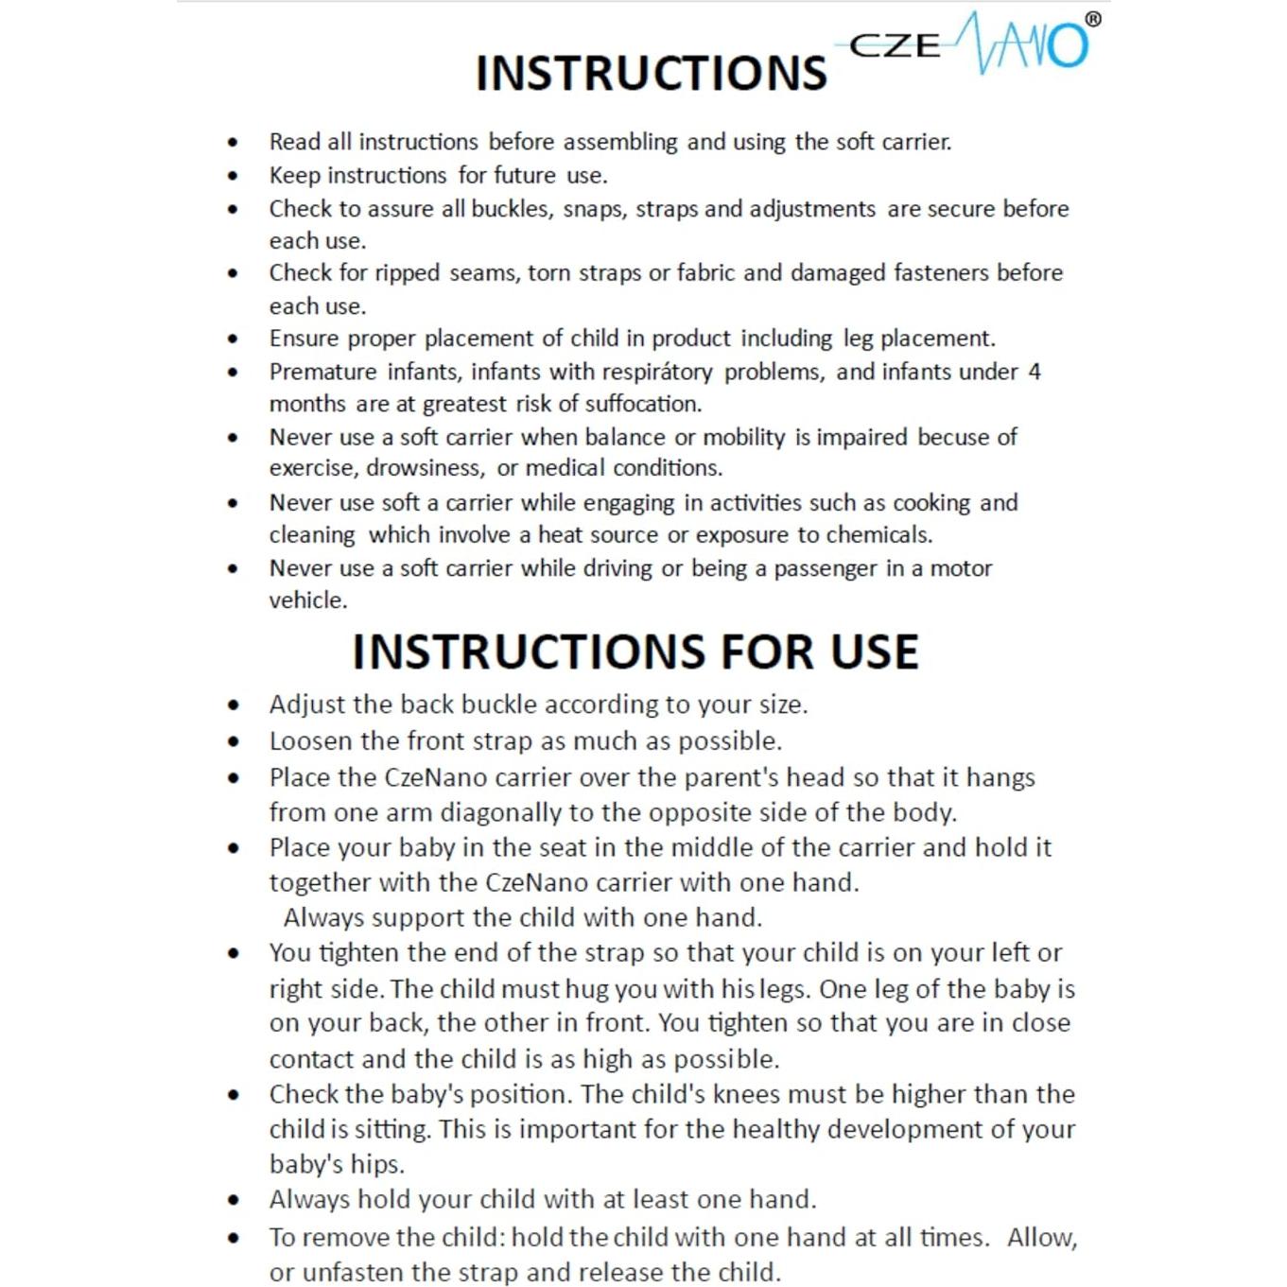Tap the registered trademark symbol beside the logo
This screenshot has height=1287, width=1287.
coord(1092,19)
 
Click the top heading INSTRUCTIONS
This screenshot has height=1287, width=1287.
coord(651,74)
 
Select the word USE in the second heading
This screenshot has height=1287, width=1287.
coord(874,652)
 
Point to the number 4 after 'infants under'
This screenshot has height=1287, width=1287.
coord(1035,372)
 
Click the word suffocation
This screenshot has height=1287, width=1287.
coord(643,405)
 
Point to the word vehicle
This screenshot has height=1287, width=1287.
coord(308,600)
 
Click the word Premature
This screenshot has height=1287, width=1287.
coord(322,372)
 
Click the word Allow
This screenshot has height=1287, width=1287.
coord(1042,1238)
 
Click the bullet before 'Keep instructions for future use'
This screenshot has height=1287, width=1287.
coord(233,176)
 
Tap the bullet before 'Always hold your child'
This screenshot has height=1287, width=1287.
coord(233,1201)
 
